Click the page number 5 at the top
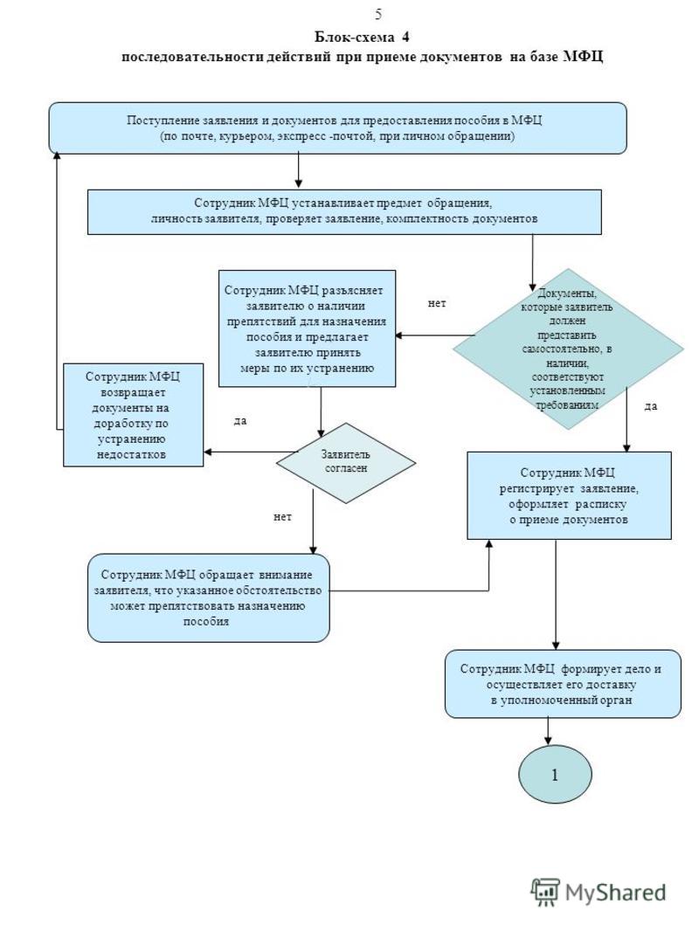(378, 14)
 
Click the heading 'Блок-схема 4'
(362, 37)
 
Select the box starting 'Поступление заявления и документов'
(337, 128)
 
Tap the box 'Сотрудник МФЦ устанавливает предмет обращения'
(344, 211)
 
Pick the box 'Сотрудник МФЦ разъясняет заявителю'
(308, 328)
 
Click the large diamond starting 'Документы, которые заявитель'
(568, 349)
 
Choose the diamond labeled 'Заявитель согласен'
(346, 462)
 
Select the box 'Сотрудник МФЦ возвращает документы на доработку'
(133, 415)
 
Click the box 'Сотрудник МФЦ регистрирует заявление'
(569, 496)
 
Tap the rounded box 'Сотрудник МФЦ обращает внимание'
(209, 598)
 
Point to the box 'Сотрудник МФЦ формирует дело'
(563, 684)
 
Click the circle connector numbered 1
(555, 775)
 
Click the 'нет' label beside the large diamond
(437, 303)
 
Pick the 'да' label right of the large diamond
(651, 406)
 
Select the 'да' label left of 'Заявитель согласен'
(240, 421)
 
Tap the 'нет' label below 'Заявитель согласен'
(282, 517)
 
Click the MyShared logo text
(615, 893)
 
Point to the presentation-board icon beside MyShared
(545, 892)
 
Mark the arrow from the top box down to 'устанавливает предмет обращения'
(298, 171)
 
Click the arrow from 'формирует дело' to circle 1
(548, 732)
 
